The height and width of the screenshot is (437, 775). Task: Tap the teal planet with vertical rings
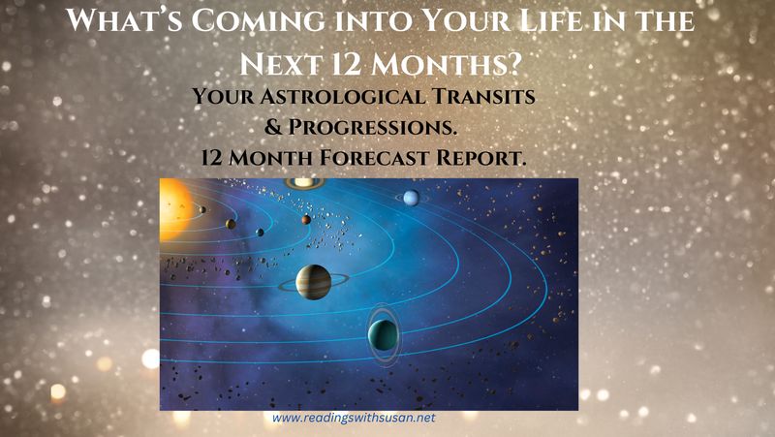click(x=382, y=336)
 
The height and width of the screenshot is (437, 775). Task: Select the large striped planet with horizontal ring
click(x=313, y=281)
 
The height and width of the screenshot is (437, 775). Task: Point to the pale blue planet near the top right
click(x=411, y=197)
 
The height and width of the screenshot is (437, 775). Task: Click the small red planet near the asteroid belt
click(x=305, y=220)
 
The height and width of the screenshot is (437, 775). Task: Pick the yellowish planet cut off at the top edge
click(x=304, y=182)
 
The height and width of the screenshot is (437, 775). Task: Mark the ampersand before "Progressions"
click(x=276, y=127)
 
